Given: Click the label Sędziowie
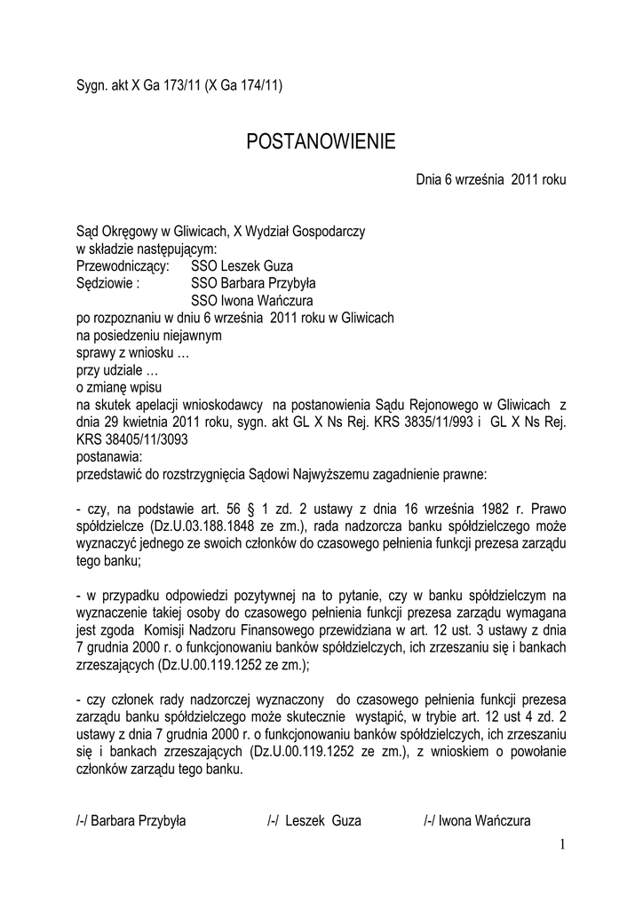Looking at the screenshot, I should [x=107, y=283].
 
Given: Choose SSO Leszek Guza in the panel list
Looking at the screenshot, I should [x=242, y=265].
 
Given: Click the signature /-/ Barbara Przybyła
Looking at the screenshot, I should [x=131, y=821].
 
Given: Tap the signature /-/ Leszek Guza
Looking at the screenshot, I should [x=314, y=821].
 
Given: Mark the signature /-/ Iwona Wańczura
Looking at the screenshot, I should [x=477, y=821].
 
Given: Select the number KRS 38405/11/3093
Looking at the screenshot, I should [x=131, y=439].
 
